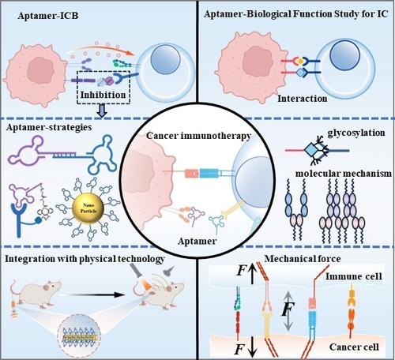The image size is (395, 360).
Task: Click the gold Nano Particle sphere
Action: (88, 208)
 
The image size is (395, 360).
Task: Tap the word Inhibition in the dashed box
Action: (103, 95)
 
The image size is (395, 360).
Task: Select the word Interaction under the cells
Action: (303, 99)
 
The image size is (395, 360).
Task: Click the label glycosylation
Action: (356, 133)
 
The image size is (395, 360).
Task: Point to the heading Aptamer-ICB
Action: (48, 16)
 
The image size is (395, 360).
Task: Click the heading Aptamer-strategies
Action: (49, 127)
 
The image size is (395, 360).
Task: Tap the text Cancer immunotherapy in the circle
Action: (199, 136)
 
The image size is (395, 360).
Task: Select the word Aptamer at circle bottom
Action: (197, 241)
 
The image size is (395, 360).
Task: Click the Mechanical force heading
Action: (303, 259)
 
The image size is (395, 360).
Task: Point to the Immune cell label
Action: (354, 276)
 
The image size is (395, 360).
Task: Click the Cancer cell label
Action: (354, 347)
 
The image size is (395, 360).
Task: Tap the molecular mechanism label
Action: (344, 174)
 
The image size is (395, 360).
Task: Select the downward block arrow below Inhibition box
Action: (102, 111)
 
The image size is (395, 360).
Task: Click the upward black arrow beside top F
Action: (252, 274)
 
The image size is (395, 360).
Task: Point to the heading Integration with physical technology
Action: (85, 259)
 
